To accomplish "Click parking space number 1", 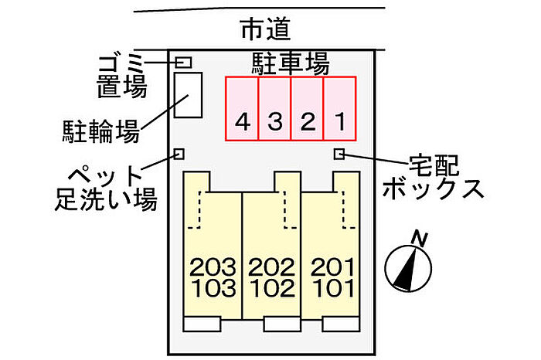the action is click(x=339, y=108).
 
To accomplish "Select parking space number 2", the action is click(x=307, y=108).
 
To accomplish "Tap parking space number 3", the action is click(x=274, y=108).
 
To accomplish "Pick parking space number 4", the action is click(x=242, y=108).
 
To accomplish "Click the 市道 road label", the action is click(x=265, y=29).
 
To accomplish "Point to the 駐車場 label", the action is click(x=291, y=63).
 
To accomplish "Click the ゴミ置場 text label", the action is click(x=121, y=75).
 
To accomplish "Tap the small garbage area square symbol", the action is click(x=184, y=62).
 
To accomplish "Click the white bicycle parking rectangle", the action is click(x=188, y=95).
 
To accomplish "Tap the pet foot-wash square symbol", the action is click(x=179, y=154).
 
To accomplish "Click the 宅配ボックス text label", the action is click(x=434, y=176).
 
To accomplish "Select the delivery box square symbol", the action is click(x=339, y=154).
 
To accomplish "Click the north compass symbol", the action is click(x=407, y=267).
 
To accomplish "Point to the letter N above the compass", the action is click(x=420, y=238).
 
